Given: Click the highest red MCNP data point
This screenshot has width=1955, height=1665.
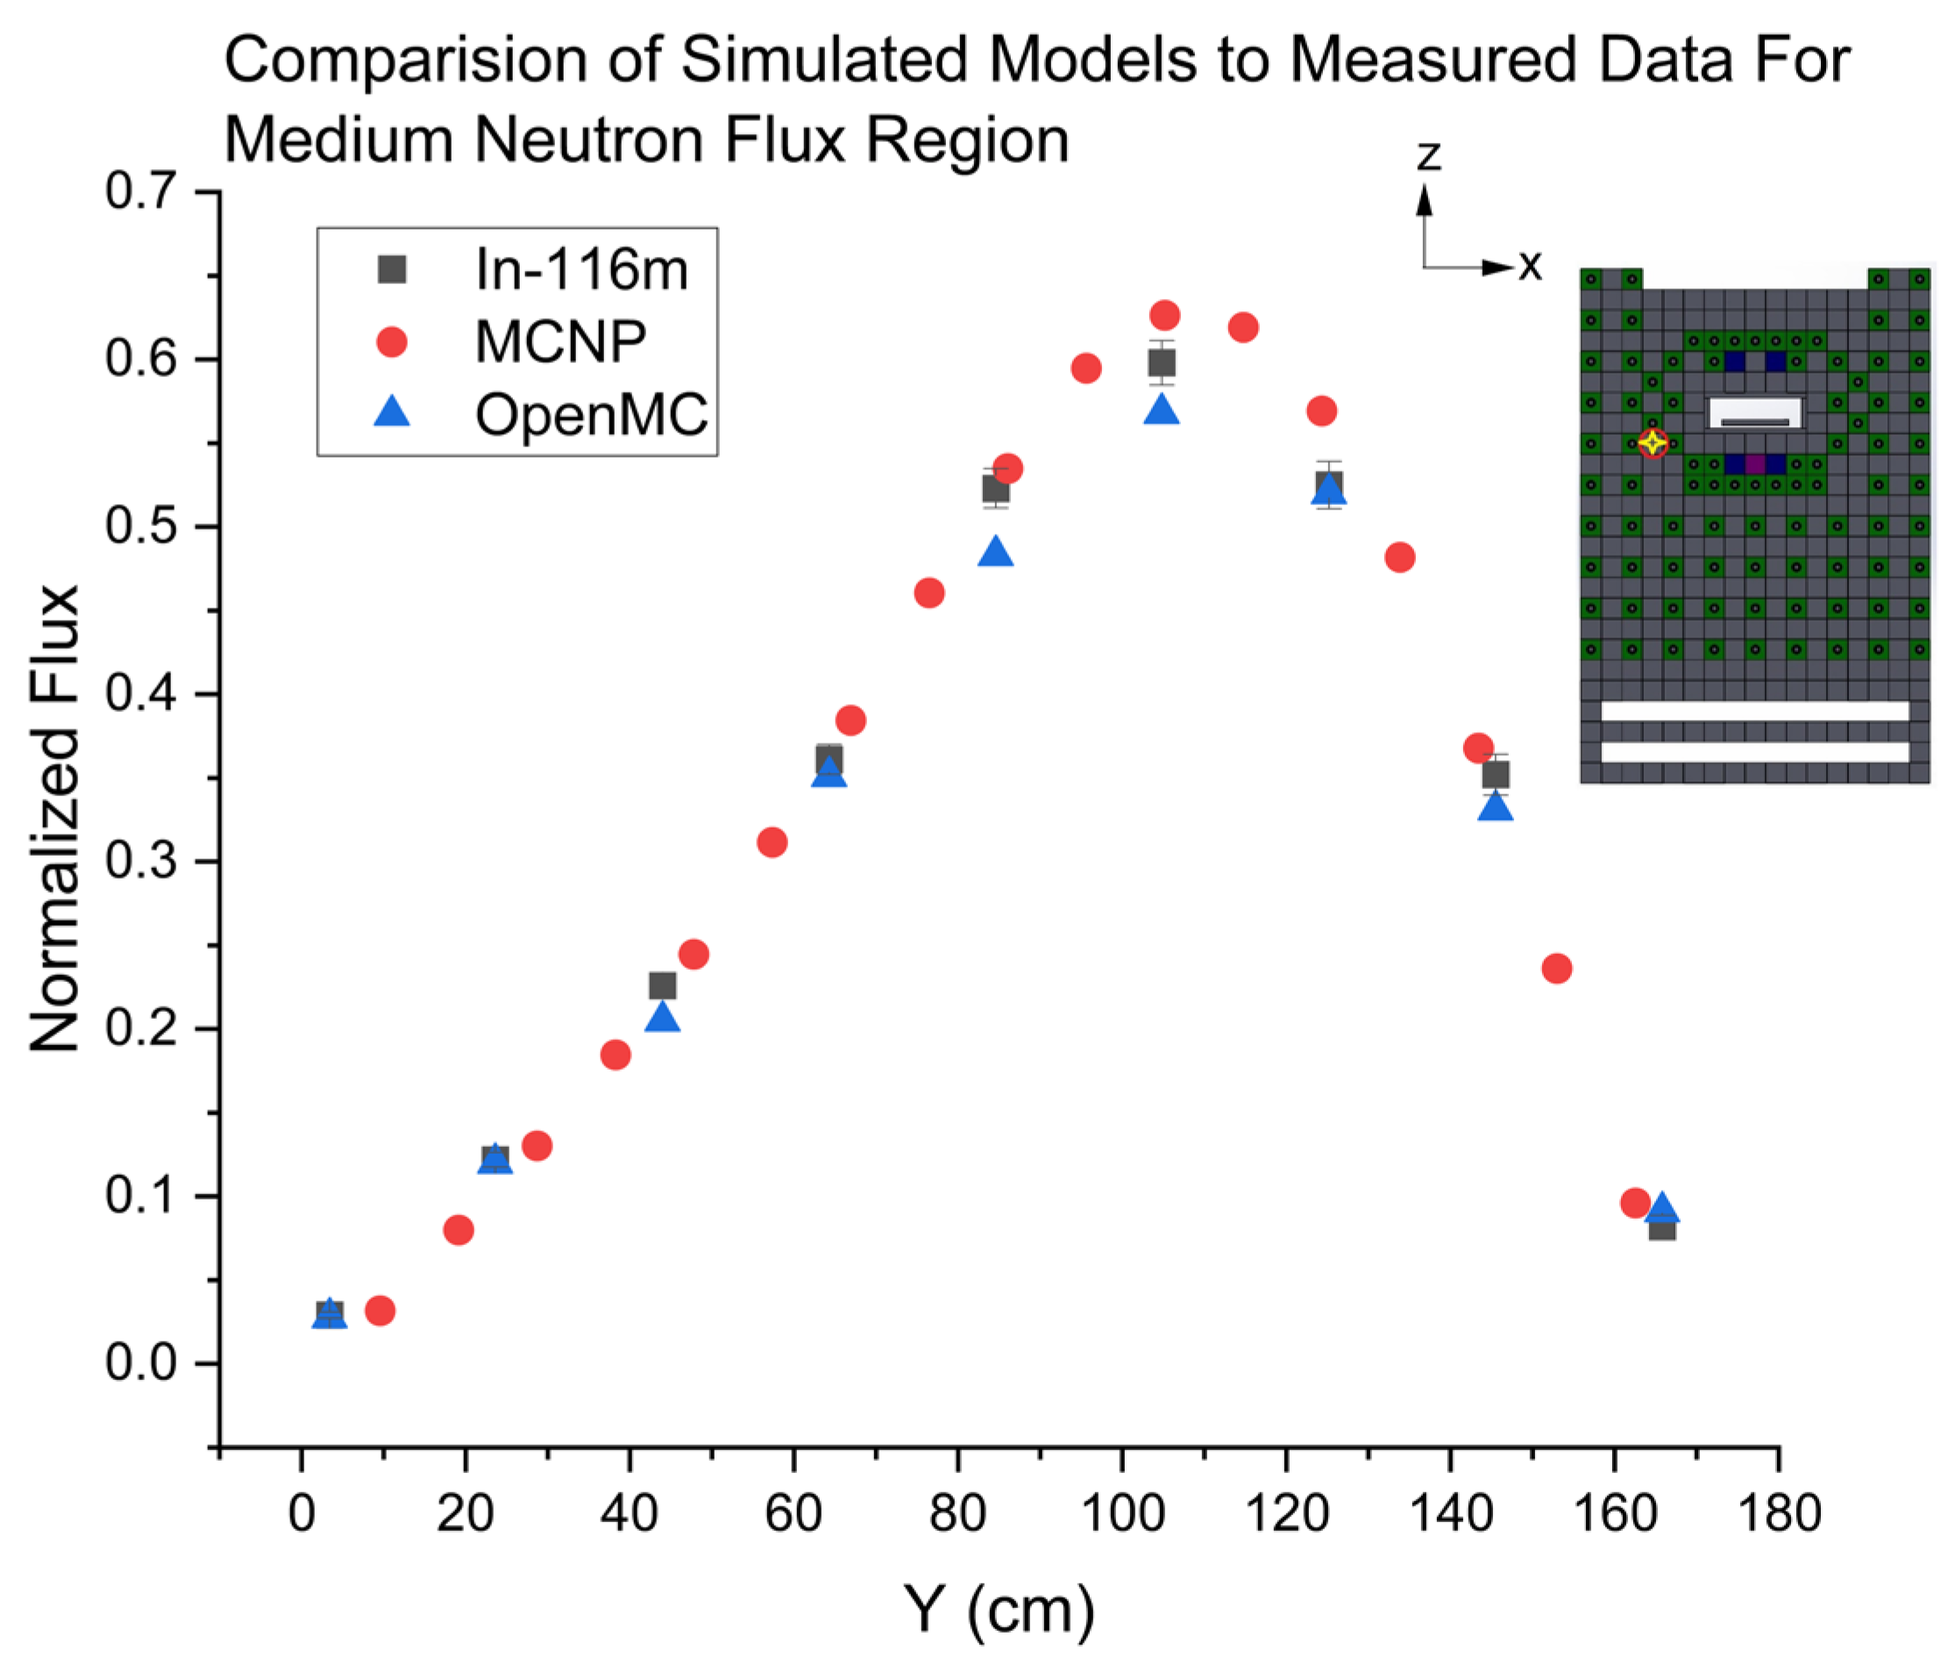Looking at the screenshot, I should pos(1164,314).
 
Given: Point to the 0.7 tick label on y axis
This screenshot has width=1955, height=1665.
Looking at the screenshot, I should pos(140,192).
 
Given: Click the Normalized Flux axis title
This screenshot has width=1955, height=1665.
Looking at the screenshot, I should pos(54,817).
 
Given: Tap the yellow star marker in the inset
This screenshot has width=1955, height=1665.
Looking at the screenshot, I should pos(1653,442).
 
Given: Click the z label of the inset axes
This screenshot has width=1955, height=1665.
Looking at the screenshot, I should pos(1428,155).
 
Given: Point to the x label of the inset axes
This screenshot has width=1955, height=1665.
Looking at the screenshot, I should pos(1530,267).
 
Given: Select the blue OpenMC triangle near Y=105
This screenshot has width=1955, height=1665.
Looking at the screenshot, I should pos(1162,409).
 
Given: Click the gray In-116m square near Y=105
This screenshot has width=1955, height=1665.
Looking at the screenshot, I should pos(1162,362).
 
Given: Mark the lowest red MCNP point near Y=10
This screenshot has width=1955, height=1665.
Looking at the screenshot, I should pos(380,1310).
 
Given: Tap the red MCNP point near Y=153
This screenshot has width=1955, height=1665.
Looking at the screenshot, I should pos(1557,969).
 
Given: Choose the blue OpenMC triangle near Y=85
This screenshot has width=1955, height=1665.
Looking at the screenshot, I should pos(995,552).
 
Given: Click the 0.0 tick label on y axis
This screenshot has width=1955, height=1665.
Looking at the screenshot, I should pos(140,1363).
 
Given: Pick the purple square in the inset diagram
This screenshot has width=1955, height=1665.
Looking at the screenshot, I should pos(1755,465).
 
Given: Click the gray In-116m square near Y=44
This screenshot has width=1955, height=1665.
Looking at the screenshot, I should pos(663,986).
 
